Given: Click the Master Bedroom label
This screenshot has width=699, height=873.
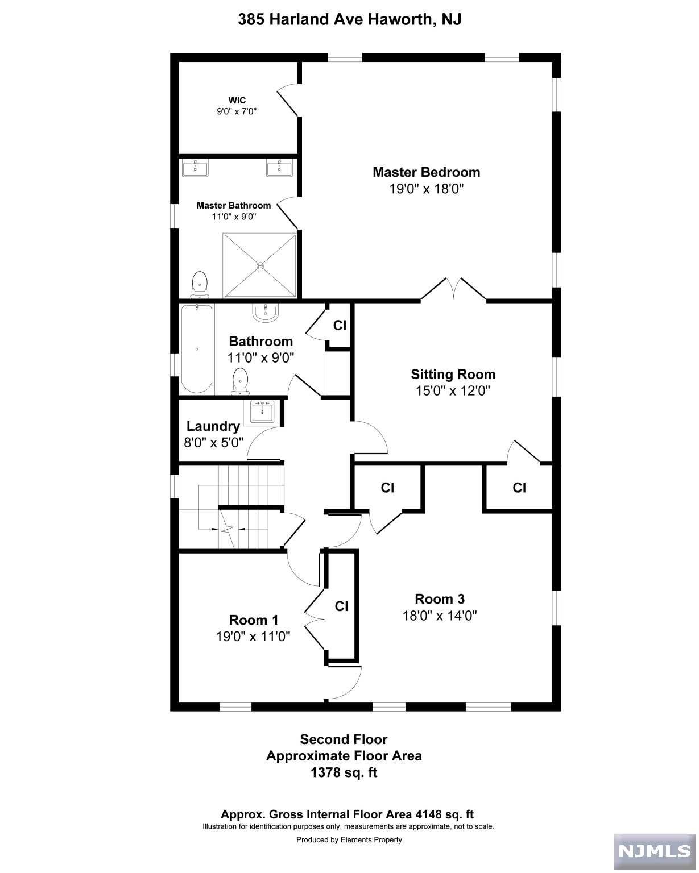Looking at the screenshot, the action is coord(426,172).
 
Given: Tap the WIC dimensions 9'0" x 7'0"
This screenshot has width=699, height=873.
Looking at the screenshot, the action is coord(237,111).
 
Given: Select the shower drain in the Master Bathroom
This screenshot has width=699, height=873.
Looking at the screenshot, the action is coord(260,265).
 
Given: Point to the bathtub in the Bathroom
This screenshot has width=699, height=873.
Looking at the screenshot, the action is coord(197,349).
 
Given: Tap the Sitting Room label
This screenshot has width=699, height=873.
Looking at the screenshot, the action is coord(453,374).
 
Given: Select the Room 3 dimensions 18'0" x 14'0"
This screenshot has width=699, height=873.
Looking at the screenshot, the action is coord(440,616).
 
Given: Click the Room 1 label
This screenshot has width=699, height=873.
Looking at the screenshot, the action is coord(254,620).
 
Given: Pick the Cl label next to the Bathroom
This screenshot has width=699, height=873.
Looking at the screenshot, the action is coord(340,325).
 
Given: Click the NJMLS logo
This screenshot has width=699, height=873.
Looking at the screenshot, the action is coord(655,851).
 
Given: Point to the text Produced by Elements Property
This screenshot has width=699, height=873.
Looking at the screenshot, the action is coord(349,840).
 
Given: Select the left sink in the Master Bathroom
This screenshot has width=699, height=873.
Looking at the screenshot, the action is coord(195,168).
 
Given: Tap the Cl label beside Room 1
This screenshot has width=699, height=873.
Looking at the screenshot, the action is coord(341,606).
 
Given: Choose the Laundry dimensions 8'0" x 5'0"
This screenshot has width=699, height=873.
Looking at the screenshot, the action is coord(213,442).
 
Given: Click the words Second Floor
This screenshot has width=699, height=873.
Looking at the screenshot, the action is coord(344,739).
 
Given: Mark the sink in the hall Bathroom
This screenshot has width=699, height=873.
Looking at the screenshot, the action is coord(266,313).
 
